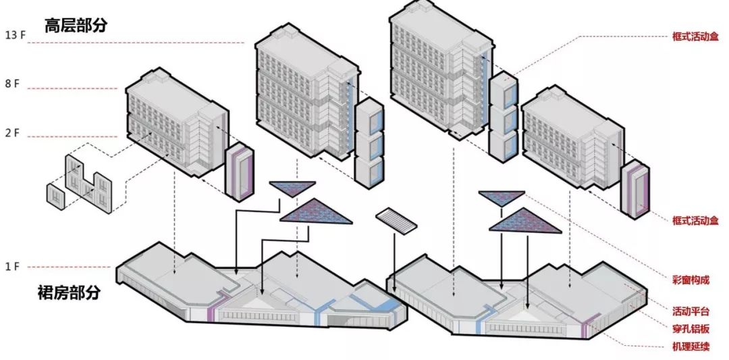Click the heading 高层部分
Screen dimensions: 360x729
click(x=76, y=26)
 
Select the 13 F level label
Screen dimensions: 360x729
click(x=16, y=34)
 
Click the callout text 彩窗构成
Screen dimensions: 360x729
click(x=691, y=279)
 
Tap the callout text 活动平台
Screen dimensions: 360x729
click(x=691, y=311)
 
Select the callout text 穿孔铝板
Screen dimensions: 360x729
click(x=691, y=330)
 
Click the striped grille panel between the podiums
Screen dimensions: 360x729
click(x=397, y=220)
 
